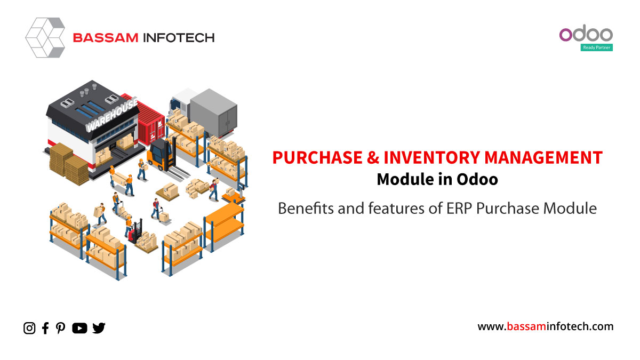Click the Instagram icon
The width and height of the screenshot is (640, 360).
(x=29, y=328)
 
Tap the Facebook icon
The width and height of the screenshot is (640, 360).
(x=45, y=328)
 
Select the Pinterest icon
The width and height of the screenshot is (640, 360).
(x=61, y=328)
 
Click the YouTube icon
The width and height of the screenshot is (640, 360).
(x=79, y=328)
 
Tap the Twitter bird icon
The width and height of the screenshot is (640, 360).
(x=99, y=328)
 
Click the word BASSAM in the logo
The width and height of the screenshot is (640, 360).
(x=106, y=38)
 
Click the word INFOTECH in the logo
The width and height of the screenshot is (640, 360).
(x=179, y=38)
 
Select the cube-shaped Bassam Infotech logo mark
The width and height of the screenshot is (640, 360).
(x=45, y=37)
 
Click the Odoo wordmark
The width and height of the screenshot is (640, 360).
(x=586, y=34)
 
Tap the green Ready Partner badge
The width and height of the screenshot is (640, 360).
(x=597, y=47)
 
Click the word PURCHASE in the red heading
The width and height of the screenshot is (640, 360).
(x=317, y=157)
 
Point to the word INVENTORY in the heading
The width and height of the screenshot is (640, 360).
(x=431, y=157)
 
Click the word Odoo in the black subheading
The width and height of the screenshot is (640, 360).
(x=477, y=179)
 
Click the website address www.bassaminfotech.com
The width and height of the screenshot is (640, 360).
(x=546, y=326)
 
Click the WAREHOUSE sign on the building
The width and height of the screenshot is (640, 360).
(x=112, y=115)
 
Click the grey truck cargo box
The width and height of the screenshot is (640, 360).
(x=214, y=113)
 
